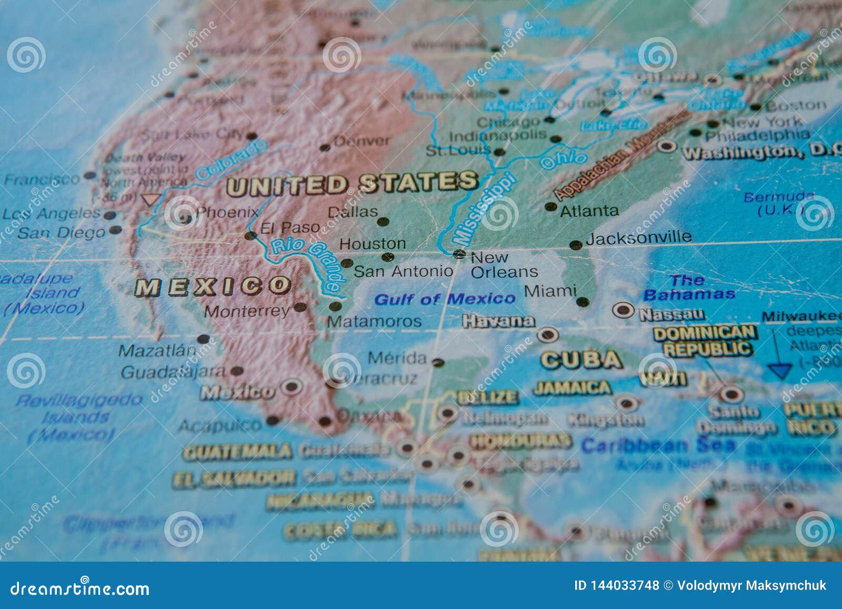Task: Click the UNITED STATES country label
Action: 352,184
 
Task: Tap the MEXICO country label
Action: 213,287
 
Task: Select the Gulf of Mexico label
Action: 445,299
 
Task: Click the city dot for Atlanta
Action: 551,206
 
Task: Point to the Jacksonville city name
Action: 638,238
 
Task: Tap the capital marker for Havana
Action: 547,334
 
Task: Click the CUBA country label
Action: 581,360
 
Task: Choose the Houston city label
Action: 373,244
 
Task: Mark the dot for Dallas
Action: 383,222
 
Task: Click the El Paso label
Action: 290,227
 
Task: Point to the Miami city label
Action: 550,291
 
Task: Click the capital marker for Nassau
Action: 624,310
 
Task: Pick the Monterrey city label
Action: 247,311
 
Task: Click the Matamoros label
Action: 374,322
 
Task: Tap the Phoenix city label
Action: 227,212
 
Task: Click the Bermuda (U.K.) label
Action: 778,204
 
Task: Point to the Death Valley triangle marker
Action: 151,199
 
